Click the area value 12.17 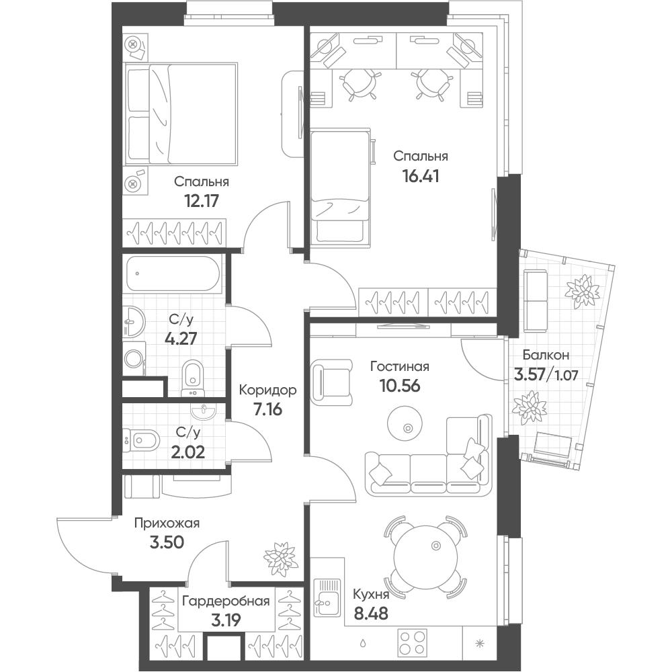coord(202,200)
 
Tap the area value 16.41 coord(421,175)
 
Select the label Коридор coord(267,390)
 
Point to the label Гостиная coord(400,366)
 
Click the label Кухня coord(371,595)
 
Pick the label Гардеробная coord(226,601)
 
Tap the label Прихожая coord(167,523)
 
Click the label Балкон coord(546,355)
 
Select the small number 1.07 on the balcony coord(566,376)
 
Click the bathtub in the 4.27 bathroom coord(173,274)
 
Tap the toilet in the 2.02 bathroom coord(141,440)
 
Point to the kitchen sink coord(327,597)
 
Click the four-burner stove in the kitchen coord(413,643)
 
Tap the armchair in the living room coord(331,382)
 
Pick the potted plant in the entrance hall coord(280,558)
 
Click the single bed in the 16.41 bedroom coord(340,187)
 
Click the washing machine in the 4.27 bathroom coord(134,358)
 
